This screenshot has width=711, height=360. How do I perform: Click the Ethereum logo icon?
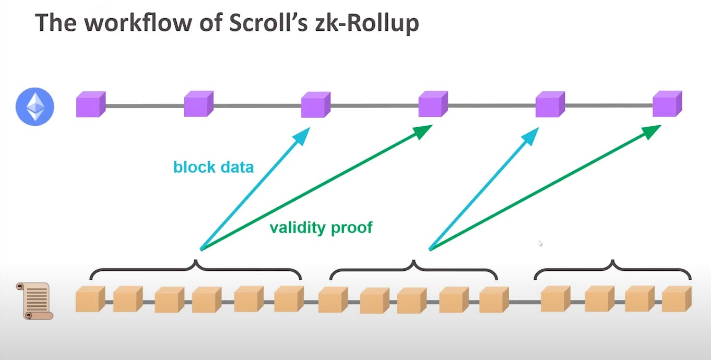pos(35,106)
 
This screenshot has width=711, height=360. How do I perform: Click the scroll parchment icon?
pos(35,301)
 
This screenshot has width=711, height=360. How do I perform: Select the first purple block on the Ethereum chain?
pos(90,104)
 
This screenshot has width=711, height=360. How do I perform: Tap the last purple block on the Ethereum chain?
pos(667,104)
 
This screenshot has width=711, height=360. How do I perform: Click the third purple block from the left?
pos(315,104)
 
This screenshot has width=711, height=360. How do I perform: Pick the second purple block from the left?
pos(198,104)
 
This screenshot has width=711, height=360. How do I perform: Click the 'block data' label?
pos(214,167)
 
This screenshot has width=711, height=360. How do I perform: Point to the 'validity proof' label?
pos(321,227)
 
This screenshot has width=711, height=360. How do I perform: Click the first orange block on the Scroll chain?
pos(90,299)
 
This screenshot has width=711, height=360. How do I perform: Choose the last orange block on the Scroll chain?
pos(677,299)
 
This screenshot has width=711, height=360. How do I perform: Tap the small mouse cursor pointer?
pos(540,243)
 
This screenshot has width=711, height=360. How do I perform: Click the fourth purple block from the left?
pos(433,104)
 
